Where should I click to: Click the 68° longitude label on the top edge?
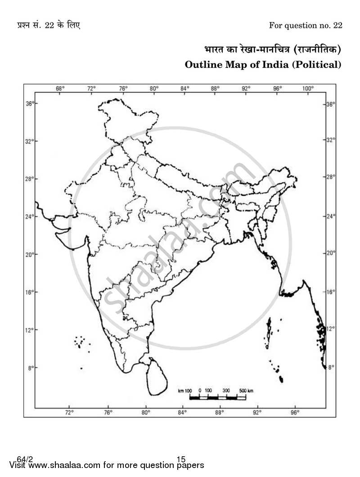point(60,89)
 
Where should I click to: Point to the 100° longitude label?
point(308,89)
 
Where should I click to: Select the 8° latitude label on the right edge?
point(331,367)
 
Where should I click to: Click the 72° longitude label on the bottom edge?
point(69,411)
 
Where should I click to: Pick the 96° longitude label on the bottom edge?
point(295,411)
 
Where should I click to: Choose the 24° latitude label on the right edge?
point(331,216)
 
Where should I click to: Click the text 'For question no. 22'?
point(306,25)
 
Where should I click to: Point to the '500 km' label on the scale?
point(246,391)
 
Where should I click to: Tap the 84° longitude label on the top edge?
point(184,89)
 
